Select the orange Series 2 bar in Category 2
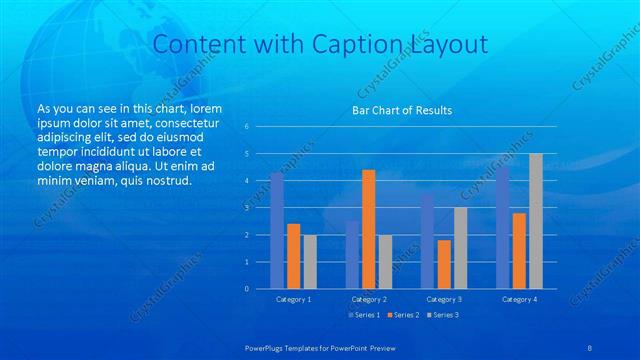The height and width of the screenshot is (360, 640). [x=369, y=229]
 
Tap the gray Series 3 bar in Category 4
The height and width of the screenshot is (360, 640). [x=536, y=221]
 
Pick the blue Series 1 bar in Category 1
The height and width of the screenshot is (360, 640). [x=277, y=231]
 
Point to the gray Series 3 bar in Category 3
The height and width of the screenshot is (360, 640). [x=460, y=248]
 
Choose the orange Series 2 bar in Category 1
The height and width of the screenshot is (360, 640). [x=293, y=256]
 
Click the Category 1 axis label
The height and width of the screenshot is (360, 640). [x=293, y=299]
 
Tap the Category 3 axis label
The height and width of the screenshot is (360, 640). [x=444, y=299]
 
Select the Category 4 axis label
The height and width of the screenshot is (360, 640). [x=519, y=299]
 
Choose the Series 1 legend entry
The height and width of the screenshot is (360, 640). [x=363, y=315]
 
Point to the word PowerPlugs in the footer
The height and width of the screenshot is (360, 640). [x=268, y=348]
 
